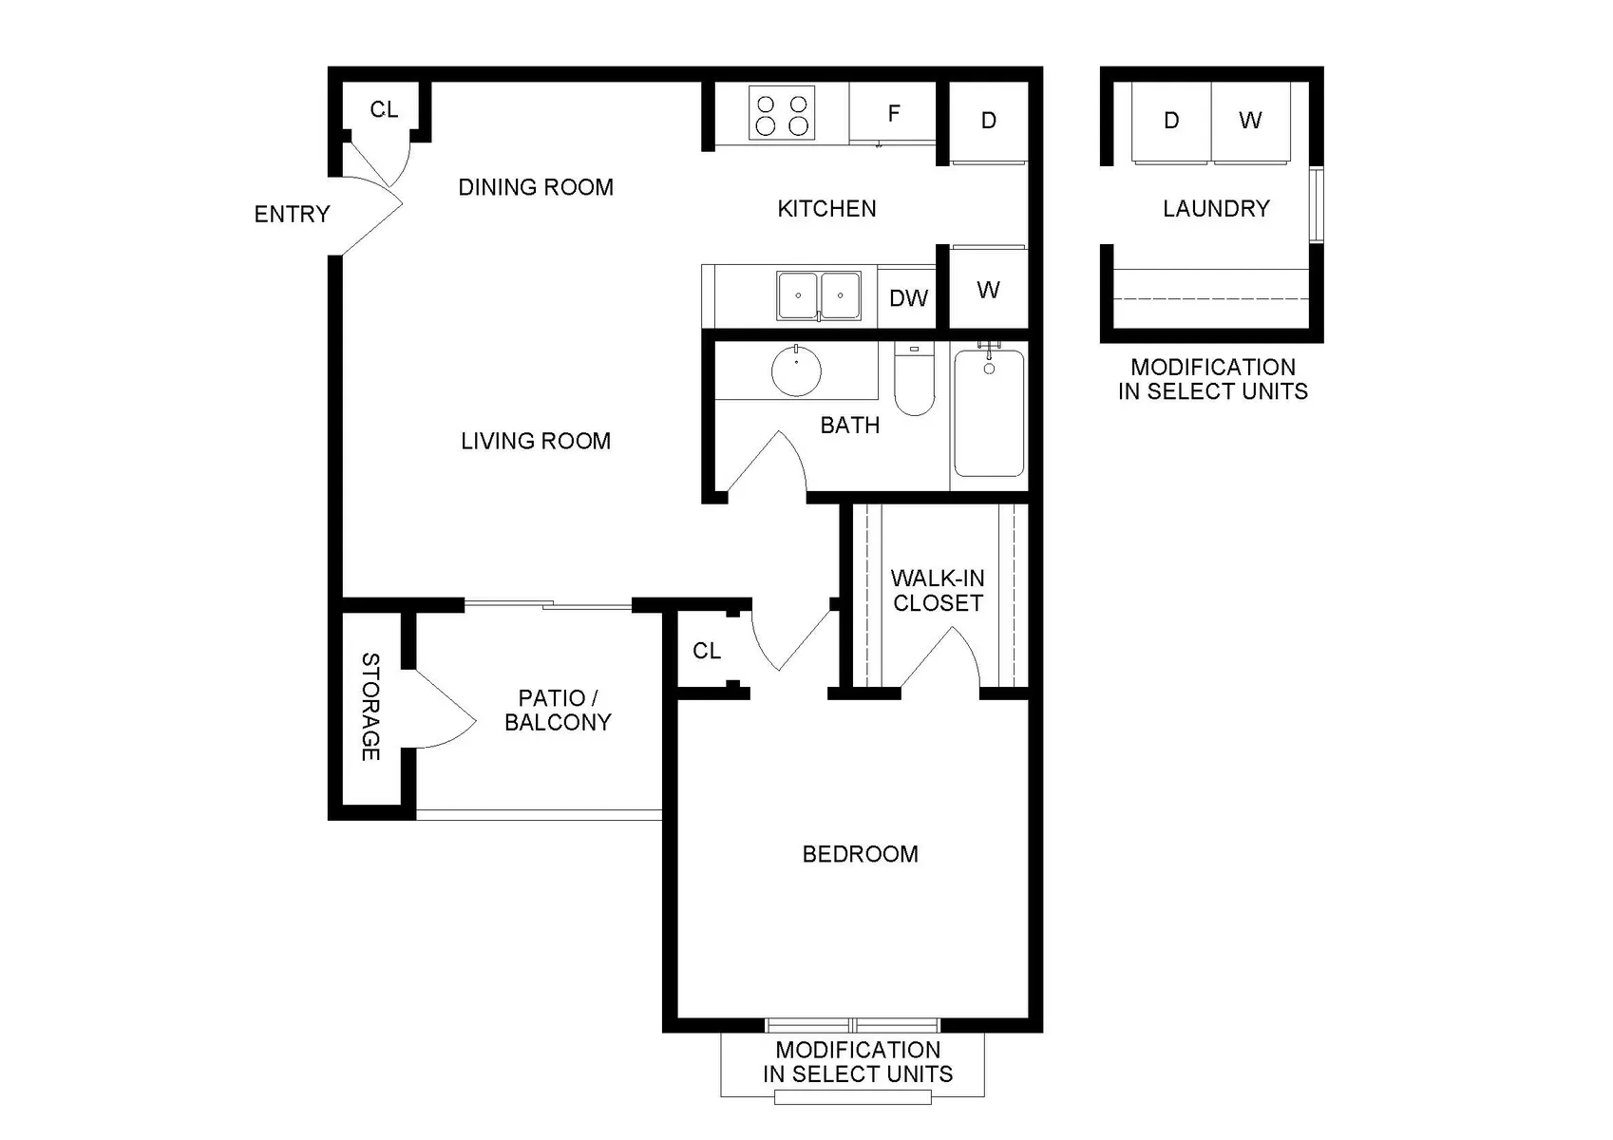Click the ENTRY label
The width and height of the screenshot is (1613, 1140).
click(x=292, y=214)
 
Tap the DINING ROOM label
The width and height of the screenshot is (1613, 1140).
click(x=536, y=187)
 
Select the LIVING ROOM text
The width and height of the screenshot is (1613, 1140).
click(x=536, y=441)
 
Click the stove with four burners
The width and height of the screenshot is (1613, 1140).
click(x=782, y=113)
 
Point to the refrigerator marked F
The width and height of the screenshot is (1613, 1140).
click(x=893, y=112)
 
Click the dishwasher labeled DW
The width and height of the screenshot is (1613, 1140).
click(x=907, y=296)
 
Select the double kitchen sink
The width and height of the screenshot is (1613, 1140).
click(x=819, y=295)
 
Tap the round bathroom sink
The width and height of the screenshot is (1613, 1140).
click(x=796, y=370)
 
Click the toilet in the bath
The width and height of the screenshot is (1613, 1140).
click(x=915, y=379)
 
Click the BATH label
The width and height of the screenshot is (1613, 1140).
click(x=849, y=426)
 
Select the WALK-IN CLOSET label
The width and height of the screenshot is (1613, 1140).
click(x=938, y=591)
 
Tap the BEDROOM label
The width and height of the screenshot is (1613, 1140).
click(x=861, y=854)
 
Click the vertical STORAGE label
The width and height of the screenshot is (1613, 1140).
click(x=370, y=707)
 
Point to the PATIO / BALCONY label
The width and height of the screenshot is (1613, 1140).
click(x=558, y=710)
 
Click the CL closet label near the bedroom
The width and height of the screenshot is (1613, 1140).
click(x=707, y=651)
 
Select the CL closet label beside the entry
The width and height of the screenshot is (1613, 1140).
click(x=384, y=109)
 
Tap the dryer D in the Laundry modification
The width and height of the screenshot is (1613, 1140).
click(x=1171, y=121)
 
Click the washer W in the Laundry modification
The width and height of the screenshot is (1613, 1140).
click(x=1251, y=121)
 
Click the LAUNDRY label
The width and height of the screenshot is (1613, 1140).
click(x=1216, y=209)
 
